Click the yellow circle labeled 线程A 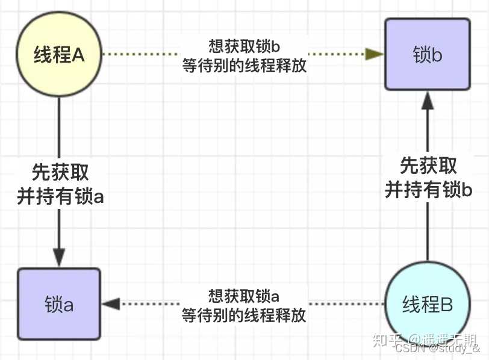pos(59,55)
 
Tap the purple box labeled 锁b pos(428,55)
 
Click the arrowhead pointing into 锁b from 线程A pos(375,54)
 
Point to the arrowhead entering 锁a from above pos(59,257)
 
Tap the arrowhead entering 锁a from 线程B pos(111,304)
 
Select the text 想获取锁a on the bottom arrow pos(244,296)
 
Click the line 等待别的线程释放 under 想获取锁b pos(244,65)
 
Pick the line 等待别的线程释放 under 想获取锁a pos(244,315)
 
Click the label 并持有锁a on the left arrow pos(60,197)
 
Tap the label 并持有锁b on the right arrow pos(428,190)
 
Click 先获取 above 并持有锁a pos(60,173)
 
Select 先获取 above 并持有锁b pos(428,166)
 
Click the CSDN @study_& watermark pos(438,349)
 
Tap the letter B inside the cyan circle pos(446,305)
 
